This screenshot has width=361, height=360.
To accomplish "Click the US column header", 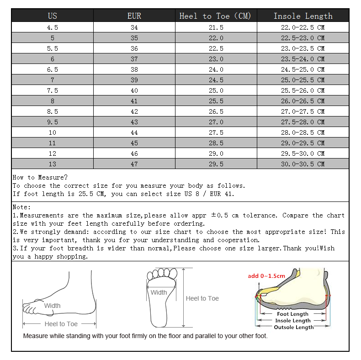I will coord(53,16).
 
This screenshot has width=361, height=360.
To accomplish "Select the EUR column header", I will coord(134,16).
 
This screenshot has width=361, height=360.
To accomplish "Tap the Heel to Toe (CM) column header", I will coord(216,16).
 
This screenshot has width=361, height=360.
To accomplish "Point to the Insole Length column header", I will coord(303,16).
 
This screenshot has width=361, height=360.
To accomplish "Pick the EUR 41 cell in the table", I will coord(134,101).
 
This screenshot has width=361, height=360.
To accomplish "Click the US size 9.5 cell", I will coord(53,122).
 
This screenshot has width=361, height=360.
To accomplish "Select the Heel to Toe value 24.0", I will coord(216,69).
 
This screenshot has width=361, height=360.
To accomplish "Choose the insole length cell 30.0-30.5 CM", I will coord(303,164).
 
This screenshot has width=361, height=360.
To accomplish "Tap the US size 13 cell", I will coord(53,164).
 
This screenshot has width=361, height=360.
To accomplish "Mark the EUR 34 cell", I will coord(134,27).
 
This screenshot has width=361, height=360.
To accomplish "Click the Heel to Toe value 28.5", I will coord(216,143).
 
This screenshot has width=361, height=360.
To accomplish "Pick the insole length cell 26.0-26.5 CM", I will coord(303,101).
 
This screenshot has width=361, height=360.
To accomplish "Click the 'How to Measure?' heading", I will coord(40,177).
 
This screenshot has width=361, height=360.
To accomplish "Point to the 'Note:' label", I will coord(22,207).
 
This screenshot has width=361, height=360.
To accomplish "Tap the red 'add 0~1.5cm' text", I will coord(266,275).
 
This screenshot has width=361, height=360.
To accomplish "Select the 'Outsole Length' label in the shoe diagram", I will coord(294,327).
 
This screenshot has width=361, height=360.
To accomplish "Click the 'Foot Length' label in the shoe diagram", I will coord(293,314).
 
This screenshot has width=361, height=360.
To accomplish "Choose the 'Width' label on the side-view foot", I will coord(52,306).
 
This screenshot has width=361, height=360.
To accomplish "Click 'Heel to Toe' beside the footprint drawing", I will coord(202,298).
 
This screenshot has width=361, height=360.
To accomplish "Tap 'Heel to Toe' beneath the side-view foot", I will coord(61,324).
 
